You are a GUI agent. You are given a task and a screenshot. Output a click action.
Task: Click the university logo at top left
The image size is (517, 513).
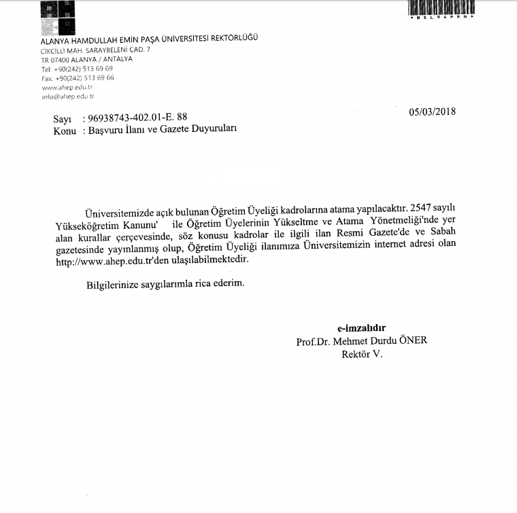pyautogui.click(x=58, y=18)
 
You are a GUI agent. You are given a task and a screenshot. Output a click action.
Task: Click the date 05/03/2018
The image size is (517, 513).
pyautogui.click(x=433, y=112)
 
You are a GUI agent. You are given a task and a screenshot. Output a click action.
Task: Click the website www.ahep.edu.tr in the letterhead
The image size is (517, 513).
pyautogui.click(x=67, y=87)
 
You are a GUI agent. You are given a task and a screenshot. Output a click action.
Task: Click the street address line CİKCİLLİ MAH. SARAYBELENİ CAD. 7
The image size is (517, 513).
pyautogui.click(x=95, y=51)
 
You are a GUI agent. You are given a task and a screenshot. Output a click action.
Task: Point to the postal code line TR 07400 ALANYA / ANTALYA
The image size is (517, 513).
pyautogui.click(x=86, y=60)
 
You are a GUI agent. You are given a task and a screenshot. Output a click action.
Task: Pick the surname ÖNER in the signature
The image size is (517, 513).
pyautogui.click(x=413, y=341)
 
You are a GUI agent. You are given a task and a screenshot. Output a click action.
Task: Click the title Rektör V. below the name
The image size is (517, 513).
pyautogui.click(x=363, y=354)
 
